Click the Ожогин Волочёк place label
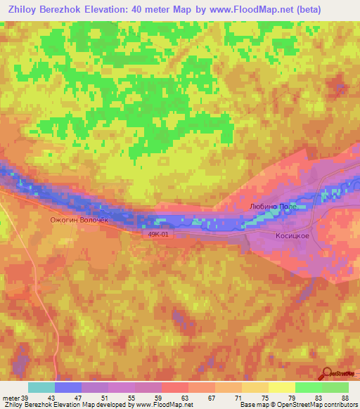pyautogui.click(x=79, y=220)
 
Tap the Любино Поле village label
pyautogui.click(x=278, y=207)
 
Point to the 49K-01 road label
pyautogui.click(x=159, y=235)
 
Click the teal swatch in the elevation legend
pyautogui.click(x=41, y=387)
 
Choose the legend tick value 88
pyautogui.click(x=345, y=398)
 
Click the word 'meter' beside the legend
pyautogui.click(x=11, y=398)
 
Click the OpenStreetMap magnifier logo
pyautogui.click(x=328, y=373)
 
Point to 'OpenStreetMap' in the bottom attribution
pyautogui.click(x=286, y=405)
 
